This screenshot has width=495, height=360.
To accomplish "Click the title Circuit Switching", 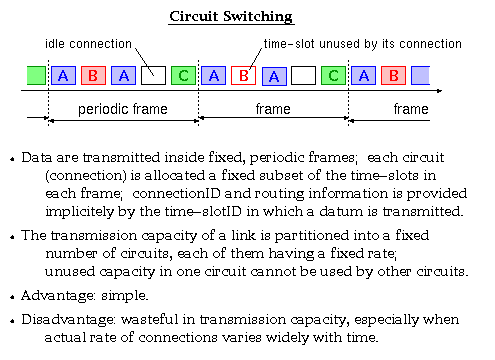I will click(x=247, y=17).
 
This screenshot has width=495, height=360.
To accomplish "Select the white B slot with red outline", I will click(x=242, y=75).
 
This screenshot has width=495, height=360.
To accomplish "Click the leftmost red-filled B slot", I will click(x=93, y=75).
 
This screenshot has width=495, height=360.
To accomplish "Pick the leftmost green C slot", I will click(x=183, y=75).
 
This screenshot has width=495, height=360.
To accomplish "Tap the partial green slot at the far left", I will click(x=35, y=75).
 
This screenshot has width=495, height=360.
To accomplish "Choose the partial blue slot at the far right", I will click(x=421, y=75).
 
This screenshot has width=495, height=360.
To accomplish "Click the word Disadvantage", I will click(x=69, y=321).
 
